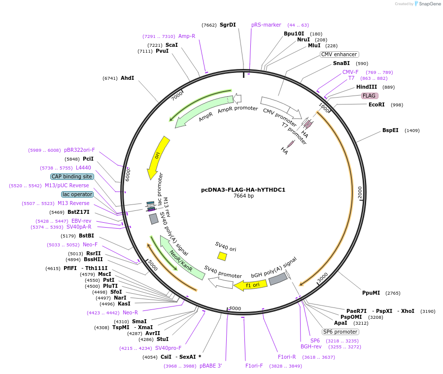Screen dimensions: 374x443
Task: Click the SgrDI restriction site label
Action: (228, 25)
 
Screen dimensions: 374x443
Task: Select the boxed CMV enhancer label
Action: (339, 54)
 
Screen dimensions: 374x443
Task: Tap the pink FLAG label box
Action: (370, 96)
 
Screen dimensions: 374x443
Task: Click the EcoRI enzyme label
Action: (376, 104)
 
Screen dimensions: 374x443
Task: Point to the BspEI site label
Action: (390, 131)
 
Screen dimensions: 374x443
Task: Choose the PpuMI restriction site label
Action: (371, 293)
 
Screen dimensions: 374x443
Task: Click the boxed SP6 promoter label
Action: (341, 332)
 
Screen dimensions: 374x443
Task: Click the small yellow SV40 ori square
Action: (222, 256)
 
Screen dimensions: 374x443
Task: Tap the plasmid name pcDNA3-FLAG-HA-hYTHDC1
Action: (243, 190)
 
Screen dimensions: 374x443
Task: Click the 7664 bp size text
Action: (243, 196)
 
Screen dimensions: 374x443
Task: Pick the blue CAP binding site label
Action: (72, 176)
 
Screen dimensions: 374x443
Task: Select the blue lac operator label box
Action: (77, 194)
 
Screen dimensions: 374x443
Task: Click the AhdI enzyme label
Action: (127, 78)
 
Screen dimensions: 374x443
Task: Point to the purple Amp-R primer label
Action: (187, 36)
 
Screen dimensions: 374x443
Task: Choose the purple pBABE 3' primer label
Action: (210, 366)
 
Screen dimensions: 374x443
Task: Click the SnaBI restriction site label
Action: (341, 63)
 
